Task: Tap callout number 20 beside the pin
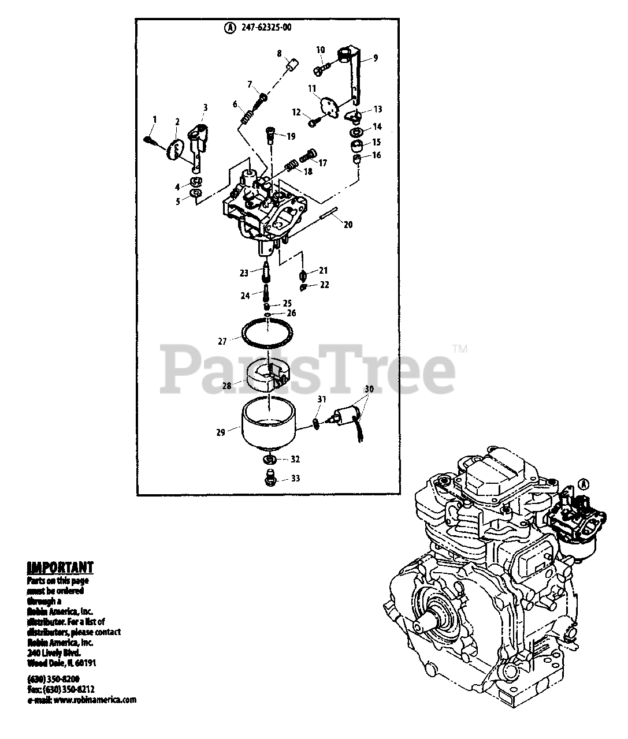348,225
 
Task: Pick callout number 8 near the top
279,53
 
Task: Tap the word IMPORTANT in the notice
60,567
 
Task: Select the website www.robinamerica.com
95,700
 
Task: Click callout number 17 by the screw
322,163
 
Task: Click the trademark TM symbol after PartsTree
460,349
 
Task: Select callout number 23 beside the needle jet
244,273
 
